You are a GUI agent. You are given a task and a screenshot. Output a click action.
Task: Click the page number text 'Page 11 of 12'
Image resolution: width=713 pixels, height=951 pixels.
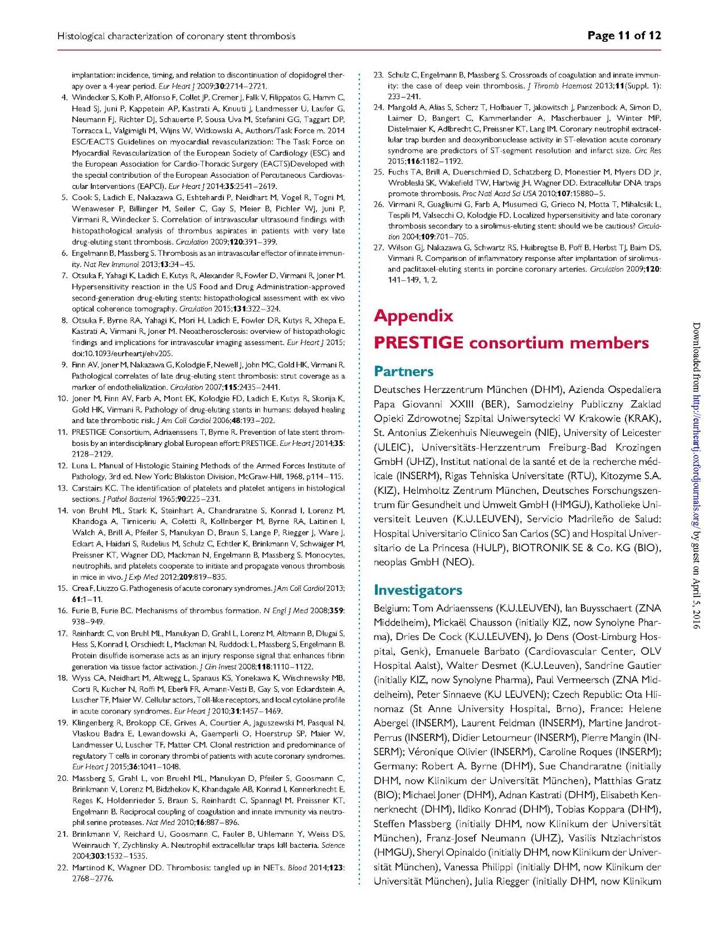pyautogui.click(x=624, y=36)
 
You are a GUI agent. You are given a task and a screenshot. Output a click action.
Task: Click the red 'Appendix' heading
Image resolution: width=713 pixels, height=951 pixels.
pyautogui.click(x=413, y=316)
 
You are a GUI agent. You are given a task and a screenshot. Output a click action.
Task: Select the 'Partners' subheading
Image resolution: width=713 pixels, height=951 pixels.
pyautogui.click(x=403, y=371)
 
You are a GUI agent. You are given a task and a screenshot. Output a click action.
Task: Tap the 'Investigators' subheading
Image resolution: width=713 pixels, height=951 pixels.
pyautogui.click(x=418, y=590)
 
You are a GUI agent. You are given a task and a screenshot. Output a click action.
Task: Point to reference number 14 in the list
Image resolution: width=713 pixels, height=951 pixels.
pyautogui.click(x=63, y=511)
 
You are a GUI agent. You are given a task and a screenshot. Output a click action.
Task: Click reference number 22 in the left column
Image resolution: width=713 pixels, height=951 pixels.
pyautogui.click(x=63, y=867)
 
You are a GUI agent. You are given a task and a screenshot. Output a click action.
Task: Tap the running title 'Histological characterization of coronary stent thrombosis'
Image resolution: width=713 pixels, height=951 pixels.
pyautogui.click(x=176, y=36)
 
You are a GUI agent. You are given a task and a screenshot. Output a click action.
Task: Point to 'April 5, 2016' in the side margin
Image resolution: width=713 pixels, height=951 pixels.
pyautogui.click(x=696, y=603)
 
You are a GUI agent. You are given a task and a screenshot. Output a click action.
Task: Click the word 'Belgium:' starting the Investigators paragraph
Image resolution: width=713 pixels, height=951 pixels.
pyautogui.click(x=392, y=608)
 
